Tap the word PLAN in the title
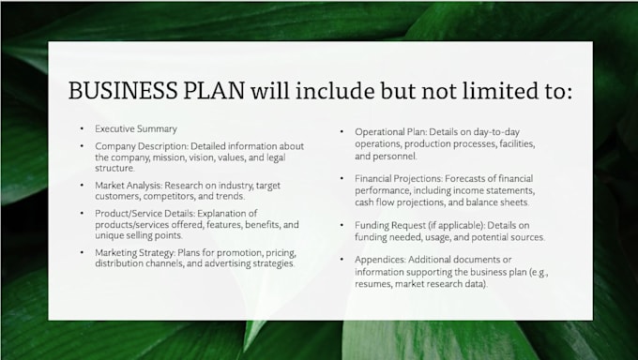[213, 91]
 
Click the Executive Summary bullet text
[136, 128]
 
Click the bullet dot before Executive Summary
[82, 128]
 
